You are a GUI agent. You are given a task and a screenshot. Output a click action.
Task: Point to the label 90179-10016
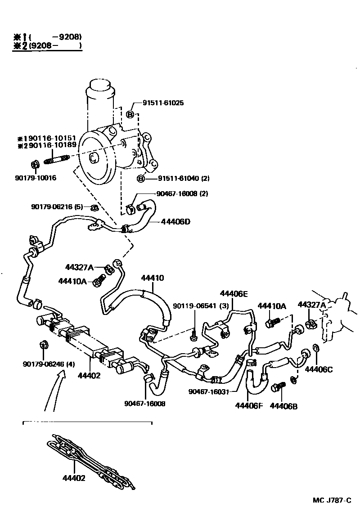35,178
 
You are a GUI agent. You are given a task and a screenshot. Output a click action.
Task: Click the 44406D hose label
175,221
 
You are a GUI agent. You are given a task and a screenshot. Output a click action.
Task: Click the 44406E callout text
233,294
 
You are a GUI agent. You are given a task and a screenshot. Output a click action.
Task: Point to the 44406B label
283,406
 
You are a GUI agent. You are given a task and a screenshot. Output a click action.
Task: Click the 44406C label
319,369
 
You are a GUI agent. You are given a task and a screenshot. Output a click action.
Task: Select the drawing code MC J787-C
332,501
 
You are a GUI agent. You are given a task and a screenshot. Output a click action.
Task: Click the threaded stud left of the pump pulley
57,160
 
